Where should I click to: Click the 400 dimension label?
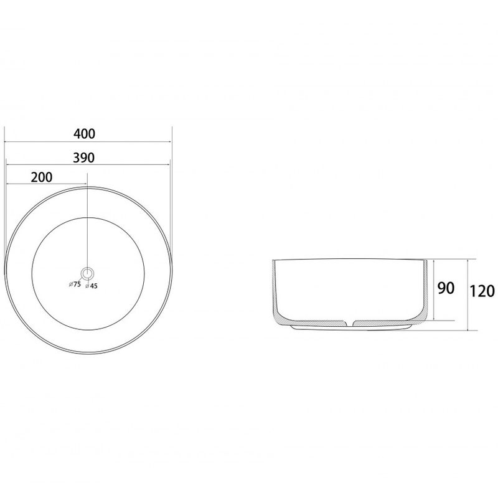(84, 134)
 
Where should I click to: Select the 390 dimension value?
(83, 157)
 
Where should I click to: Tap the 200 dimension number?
(42, 177)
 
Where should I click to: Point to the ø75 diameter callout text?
(75, 284)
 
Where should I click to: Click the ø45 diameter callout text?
(92, 286)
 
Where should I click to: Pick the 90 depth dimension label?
(446, 288)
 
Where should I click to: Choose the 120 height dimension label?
(482, 291)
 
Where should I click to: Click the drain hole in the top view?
(87, 273)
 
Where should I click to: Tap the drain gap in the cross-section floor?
(349, 323)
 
